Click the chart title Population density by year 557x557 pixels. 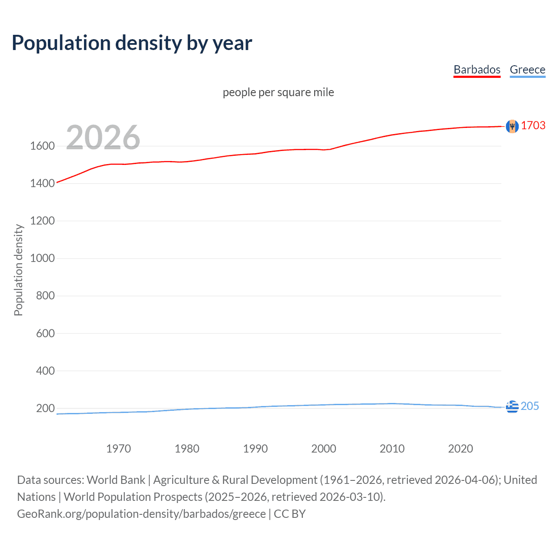[132, 43]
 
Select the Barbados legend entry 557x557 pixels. [477, 70]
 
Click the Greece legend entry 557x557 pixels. [527, 70]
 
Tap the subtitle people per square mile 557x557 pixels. [278, 92]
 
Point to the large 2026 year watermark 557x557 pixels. [103, 138]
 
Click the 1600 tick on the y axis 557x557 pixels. [42, 146]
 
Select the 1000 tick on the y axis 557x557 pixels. [42, 258]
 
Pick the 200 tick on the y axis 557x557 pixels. [45, 408]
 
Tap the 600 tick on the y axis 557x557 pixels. [45, 333]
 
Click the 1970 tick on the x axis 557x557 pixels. [118, 449]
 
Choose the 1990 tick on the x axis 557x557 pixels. [255, 449]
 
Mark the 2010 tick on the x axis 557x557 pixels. [392, 449]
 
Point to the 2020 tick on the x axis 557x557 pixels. [460, 449]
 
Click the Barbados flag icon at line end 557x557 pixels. [512, 126]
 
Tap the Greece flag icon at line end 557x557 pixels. [512, 406]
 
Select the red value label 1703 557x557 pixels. [533, 126]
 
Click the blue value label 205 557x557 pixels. [530, 406]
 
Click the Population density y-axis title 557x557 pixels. [18, 270]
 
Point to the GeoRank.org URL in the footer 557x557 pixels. [141, 514]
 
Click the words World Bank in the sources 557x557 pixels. [116, 480]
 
